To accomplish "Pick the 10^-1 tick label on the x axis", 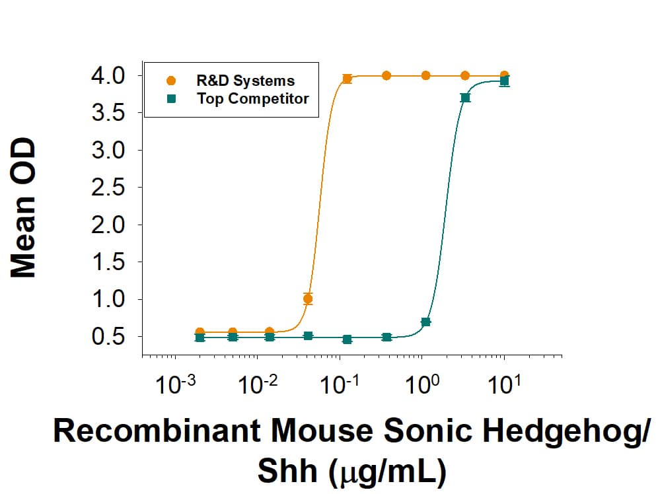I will tap(339, 384).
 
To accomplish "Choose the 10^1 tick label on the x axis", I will tap(505, 384).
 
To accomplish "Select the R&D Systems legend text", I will tap(245, 81).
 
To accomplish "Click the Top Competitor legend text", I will tap(252, 99).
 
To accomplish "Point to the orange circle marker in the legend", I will tap(171, 81).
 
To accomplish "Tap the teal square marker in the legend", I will tap(171, 99).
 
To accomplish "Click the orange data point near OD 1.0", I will tap(307, 299).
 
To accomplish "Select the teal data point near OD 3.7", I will tap(465, 98).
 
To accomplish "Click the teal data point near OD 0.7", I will tap(426, 322).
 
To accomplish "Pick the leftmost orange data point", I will tap(200, 332).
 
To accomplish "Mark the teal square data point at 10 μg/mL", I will tap(504, 82).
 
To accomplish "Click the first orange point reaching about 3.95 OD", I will tap(347, 79).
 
